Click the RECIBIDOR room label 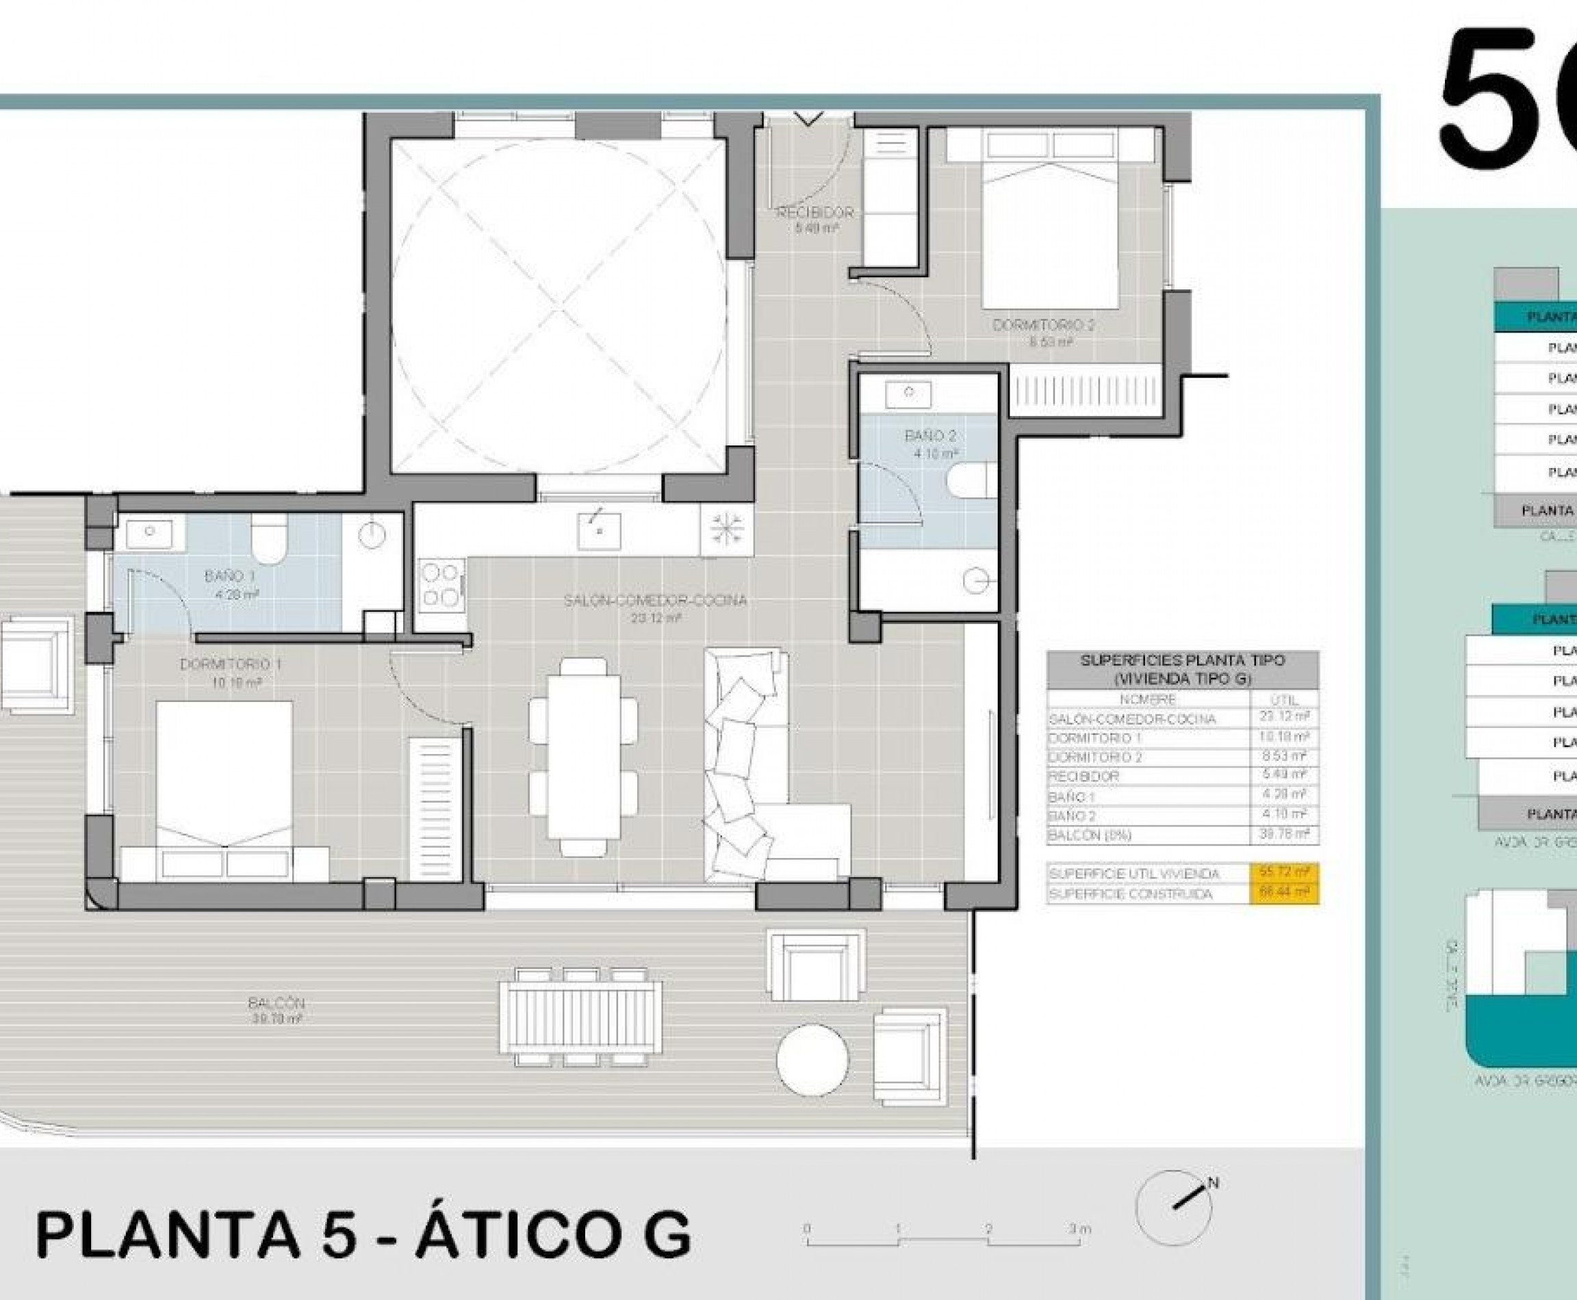point(815,213)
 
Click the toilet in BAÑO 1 point(269,539)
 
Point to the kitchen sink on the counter point(599,530)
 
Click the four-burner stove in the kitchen point(441,585)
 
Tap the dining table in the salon point(584,756)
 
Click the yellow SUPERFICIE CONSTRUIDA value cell point(1284,894)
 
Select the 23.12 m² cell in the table point(1284,716)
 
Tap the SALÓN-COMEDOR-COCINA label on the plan point(656,601)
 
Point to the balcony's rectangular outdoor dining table point(581,1017)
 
